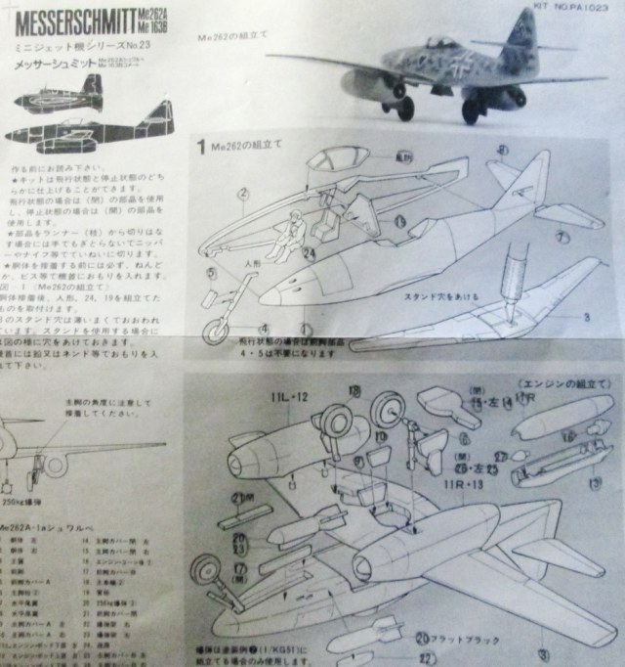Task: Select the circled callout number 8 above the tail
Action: pos(500,151)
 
